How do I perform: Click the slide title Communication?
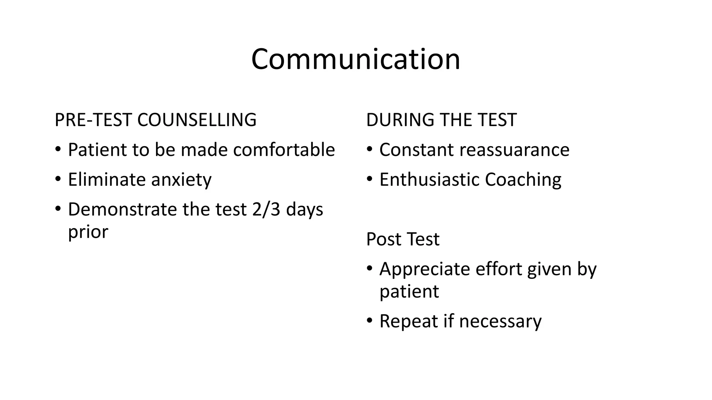point(356,59)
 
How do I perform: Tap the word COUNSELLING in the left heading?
point(197,120)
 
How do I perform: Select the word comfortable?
point(284,150)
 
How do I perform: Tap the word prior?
point(88,232)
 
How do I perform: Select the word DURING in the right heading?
point(400,120)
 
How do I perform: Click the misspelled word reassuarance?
point(514,150)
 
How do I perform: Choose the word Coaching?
point(523,180)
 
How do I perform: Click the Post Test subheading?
point(403,239)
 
